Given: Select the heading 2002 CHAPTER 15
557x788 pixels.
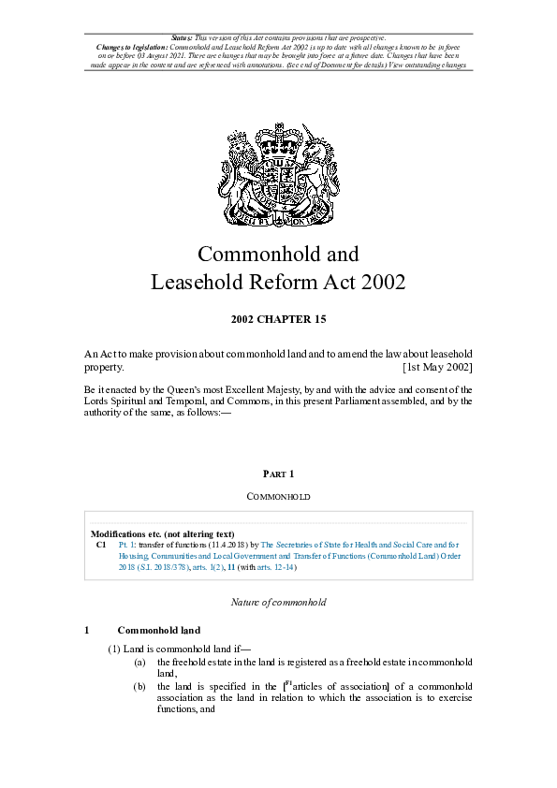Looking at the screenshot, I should pyautogui.click(x=278, y=319).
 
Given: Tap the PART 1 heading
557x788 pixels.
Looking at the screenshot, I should pyautogui.click(x=278, y=474).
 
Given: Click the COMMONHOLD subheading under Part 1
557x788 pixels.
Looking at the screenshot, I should pyautogui.click(x=278, y=496).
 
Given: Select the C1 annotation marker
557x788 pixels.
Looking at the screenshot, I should pyautogui.click(x=101, y=544).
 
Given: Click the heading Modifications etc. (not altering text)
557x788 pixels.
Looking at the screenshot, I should pyautogui.click(x=169, y=533).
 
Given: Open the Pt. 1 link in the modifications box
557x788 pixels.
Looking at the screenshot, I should pyautogui.click(x=127, y=544).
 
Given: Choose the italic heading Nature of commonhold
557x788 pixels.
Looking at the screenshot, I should pyautogui.click(x=278, y=603).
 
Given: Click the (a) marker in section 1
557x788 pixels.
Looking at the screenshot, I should pyautogui.click(x=139, y=662).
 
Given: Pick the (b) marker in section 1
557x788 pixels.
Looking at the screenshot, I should pyautogui.click(x=139, y=687).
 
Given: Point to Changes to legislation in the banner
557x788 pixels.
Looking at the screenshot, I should pyautogui.click(x=132, y=45).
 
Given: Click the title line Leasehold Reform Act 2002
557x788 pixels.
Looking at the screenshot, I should pyautogui.click(x=278, y=282).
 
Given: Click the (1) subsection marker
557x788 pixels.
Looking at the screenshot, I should pyautogui.click(x=114, y=649).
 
